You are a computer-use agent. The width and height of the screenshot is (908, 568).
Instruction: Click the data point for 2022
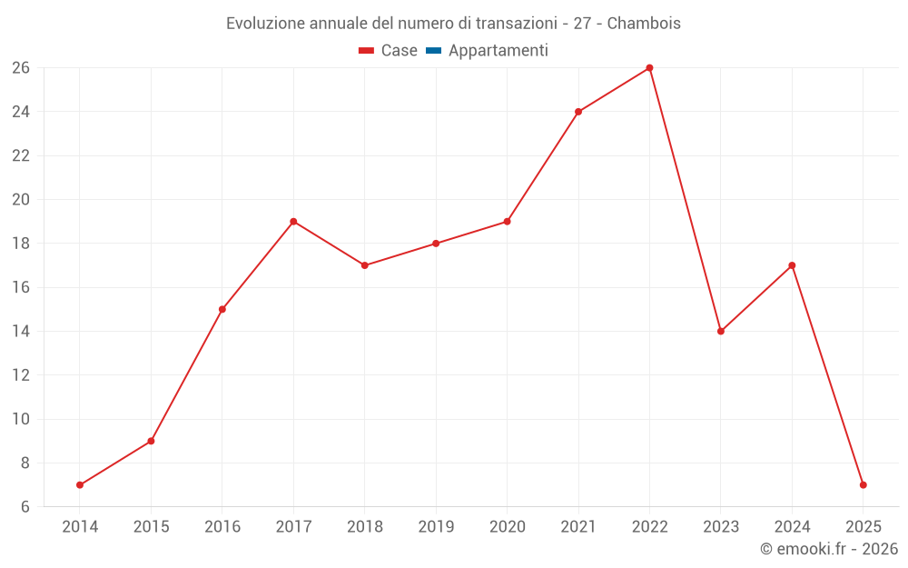point(649,68)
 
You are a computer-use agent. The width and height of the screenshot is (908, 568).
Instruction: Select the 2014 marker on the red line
point(80,484)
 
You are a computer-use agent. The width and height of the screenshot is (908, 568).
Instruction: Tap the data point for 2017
point(293,222)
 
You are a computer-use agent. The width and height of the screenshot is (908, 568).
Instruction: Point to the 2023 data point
point(721,331)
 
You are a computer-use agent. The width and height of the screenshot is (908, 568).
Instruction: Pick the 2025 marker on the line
point(863,484)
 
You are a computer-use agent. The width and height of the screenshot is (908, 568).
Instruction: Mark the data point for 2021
point(578,112)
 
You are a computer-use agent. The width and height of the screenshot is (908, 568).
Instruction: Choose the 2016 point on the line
point(222,309)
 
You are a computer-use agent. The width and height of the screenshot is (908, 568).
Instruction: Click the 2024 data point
point(792,265)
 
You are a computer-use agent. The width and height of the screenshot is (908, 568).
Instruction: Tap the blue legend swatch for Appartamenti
point(433,51)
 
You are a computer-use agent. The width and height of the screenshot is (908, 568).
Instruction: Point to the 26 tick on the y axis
point(21,68)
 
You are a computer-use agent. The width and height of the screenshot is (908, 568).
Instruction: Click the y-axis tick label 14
point(21,332)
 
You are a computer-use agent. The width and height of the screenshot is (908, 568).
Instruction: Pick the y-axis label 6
point(25,507)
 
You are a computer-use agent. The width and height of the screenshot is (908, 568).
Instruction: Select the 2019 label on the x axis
point(436,527)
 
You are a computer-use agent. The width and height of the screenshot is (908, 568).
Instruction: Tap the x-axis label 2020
point(507,527)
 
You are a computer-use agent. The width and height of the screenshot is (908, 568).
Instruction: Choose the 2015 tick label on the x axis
point(151,527)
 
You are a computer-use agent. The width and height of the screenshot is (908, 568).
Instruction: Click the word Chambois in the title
point(644,23)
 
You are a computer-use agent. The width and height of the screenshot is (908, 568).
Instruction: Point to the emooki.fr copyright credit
point(829,549)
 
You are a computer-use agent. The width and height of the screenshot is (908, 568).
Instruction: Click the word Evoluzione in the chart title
point(265,23)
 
